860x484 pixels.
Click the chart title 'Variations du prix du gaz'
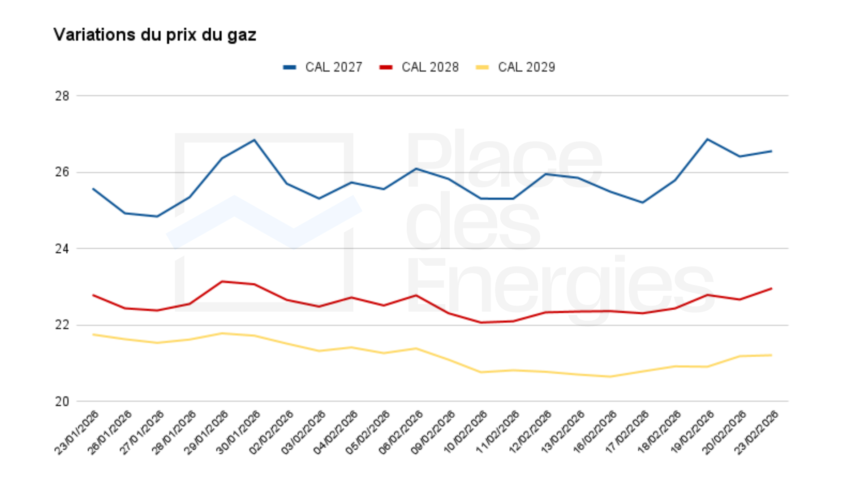click(155, 35)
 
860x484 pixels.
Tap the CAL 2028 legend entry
click(420, 67)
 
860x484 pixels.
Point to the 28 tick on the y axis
click(62, 96)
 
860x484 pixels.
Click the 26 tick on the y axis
click(62, 172)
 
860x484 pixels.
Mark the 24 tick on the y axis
click(62, 249)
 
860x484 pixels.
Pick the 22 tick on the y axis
click(62, 325)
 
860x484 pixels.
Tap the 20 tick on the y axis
click(62, 402)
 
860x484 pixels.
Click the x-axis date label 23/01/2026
click(77, 432)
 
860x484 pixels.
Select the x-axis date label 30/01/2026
click(239, 432)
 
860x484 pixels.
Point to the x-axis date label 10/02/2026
click(466, 432)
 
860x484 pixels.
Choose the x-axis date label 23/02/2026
click(757, 432)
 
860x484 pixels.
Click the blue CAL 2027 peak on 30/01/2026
click(254, 140)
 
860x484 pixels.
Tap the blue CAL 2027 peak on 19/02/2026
click(707, 139)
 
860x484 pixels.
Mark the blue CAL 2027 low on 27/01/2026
click(157, 216)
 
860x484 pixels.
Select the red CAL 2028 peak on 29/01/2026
click(222, 281)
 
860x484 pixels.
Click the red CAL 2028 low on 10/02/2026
click(481, 322)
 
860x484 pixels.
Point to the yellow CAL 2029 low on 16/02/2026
click(610, 376)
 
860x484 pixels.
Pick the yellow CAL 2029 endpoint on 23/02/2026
click(771, 355)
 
